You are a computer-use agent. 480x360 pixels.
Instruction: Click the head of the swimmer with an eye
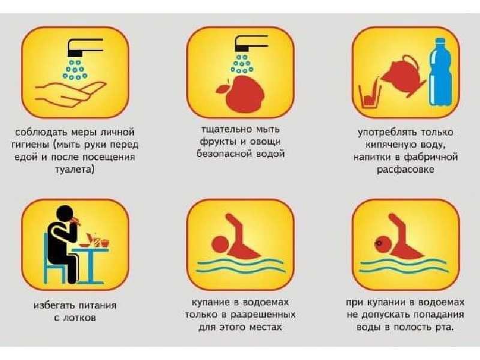pyautogui.click(x=383, y=244)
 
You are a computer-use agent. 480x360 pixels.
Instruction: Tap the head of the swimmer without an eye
pyautogui.click(x=220, y=244)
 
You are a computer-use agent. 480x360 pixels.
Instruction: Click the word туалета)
pyautogui.click(x=74, y=169)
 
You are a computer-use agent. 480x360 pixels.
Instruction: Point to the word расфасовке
pyautogui.click(x=406, y=169)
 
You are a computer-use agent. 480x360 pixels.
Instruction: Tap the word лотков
pyautogui.click(x=80, y=318)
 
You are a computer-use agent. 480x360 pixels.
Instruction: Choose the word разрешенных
pyautogui.click(x=263, y=314)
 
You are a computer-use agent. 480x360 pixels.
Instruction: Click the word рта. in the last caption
pyautogui.click(x=443, y=327)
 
